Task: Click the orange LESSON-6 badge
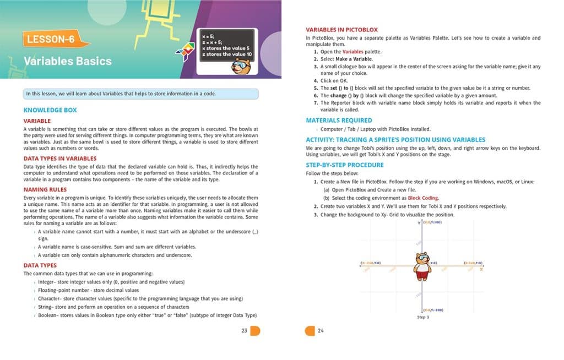pyautogui.click(x=50, y=39)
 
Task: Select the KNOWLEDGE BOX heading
pyautogui.click(x=50, y=110)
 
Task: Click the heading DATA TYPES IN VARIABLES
pyautogui.click(x=60, y=159)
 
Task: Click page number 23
pyautogui.click(x=244, y=331)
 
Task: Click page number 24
pyautogui.click(x=321, y=331)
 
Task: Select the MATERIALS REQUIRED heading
pyautogui.click(x=339, y=120)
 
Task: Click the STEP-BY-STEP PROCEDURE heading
pyautogui.click(x=345, y=165)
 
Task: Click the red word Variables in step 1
pyautogui.click(x=353, y=52)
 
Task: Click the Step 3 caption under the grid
pyautogui.click(x=422, y=318)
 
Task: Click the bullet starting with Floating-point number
pyautogui.click(x=88, y=290)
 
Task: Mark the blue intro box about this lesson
pyautogui.click(x=141, y=94)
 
